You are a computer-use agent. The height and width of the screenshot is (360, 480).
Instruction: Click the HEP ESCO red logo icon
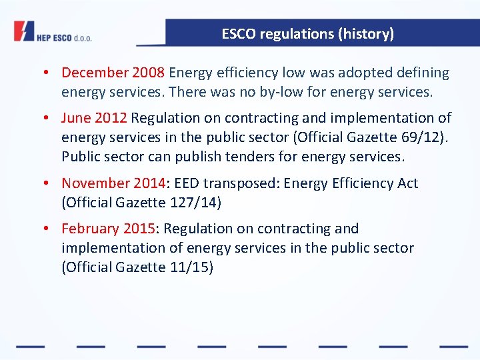pos(24,31)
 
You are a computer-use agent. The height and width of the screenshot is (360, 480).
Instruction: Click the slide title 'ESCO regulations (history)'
pos(307,33)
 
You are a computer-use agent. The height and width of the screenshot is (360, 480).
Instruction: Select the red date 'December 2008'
pos(113,73)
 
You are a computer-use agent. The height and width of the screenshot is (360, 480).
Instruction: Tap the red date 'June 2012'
pos(94,118)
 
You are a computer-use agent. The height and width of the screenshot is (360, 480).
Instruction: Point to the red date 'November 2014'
pos(113,183)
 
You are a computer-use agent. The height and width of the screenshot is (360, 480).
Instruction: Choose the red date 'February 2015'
pos(108,229)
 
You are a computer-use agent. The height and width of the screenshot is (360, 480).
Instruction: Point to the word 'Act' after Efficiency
pos(405,183)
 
